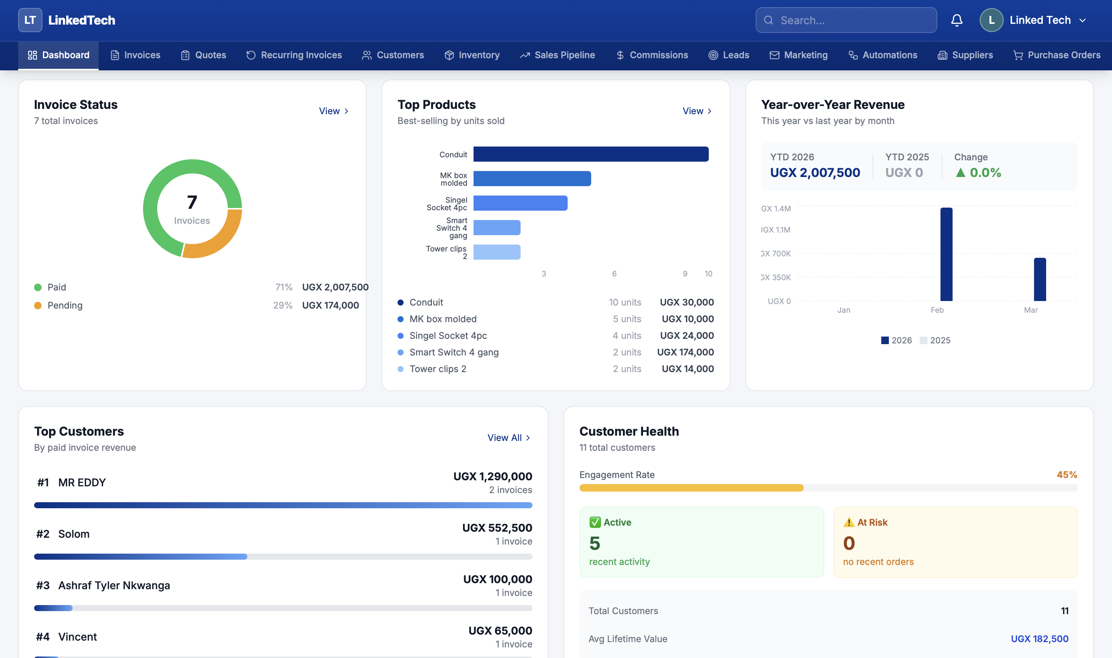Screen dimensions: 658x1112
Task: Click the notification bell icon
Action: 957,20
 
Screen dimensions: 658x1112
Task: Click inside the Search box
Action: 851,20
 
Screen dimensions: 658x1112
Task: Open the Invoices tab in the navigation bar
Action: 135,55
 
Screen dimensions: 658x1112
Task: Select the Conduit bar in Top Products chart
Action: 590,154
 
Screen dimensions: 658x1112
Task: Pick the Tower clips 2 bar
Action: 497,252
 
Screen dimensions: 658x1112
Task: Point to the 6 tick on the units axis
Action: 614,273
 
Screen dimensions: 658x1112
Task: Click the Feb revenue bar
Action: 946,255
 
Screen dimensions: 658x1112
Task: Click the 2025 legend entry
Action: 935,340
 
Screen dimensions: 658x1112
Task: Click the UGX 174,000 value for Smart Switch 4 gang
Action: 685,352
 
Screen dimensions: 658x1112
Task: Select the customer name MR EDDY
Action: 82,483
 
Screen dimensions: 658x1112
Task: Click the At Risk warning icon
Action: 849,522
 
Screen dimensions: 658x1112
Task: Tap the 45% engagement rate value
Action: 1066,475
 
